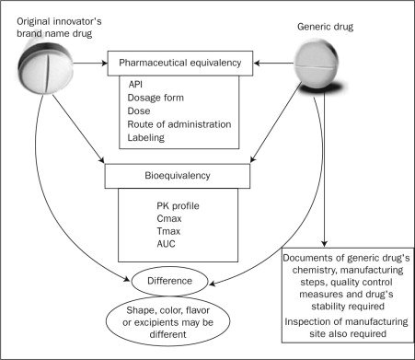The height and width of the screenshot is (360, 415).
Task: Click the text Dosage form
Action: click(159, 97)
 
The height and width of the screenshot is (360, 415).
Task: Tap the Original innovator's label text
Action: click(50, 12)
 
